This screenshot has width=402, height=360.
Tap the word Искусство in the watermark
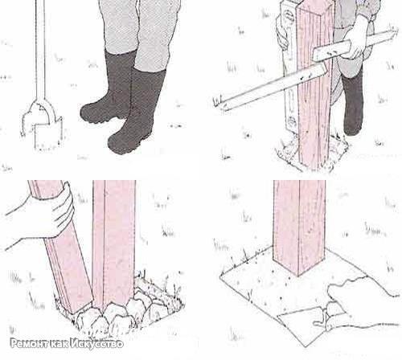click(x=97, y=344)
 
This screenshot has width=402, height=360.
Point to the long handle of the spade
click(x=40, y=51)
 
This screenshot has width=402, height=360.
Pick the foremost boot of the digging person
click(x=137, y=112)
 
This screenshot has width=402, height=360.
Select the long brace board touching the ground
click(x=271, y=87)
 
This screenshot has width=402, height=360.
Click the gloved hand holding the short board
click(x=356, y=39)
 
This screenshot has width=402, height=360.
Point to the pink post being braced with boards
click(x=316, y=86)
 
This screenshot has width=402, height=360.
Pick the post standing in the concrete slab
click(x=300, y=225)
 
